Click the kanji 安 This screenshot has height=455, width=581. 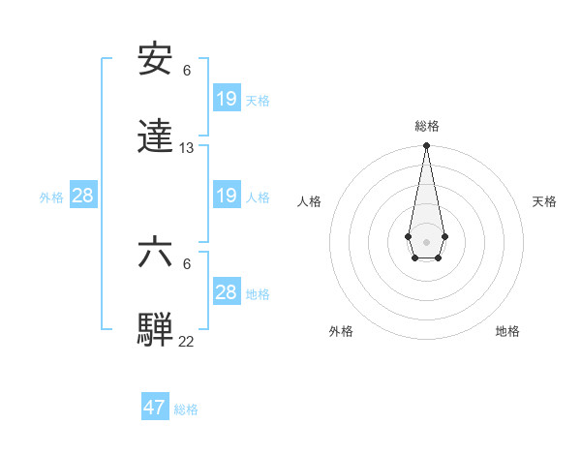[x=156, y=60]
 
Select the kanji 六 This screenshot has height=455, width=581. [x=156, y=253]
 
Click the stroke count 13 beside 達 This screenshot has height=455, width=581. [x=187, y=148]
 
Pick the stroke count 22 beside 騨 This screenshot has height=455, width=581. [x=187, y=342]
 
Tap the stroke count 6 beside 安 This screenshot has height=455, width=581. [x=187, y=70]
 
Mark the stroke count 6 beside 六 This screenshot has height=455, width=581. [x=187, y=263]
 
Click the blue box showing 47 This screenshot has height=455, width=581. [x=155, y=408]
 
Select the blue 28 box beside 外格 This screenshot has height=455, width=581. [x=83, y=196]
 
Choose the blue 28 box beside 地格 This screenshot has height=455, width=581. [x=226, y=292]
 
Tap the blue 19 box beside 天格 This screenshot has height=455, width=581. [x=226, y=99]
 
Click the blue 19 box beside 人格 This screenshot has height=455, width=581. [x=226, y=196]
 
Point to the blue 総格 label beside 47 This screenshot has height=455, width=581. [x=186, y=409]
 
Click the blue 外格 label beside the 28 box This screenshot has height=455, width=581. [x=51, y=197]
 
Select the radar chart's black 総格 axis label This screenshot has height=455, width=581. [x=427, y=126]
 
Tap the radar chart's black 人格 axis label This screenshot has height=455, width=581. [x=310, y=201]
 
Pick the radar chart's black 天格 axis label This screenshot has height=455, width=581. [x=544, y=201]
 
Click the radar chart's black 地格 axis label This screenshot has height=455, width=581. [x=507, y=331]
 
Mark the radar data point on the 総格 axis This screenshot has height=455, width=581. [x=426, y=146]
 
